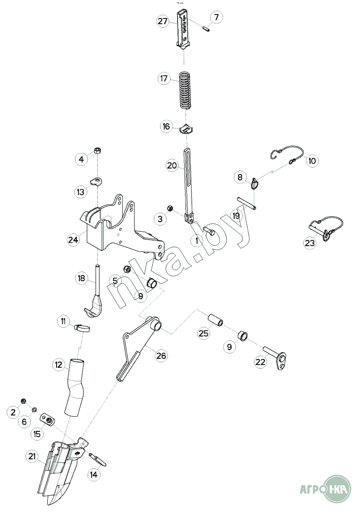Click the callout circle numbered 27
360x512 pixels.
163,21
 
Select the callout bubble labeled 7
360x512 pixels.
216,17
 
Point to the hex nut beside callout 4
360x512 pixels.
97,150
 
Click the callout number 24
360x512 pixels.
73,240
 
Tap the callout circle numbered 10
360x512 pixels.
312,161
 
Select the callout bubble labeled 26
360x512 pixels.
161,355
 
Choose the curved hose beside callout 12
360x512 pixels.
75,387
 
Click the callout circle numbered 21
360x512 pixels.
32,456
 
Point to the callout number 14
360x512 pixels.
94,474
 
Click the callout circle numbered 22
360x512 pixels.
260,362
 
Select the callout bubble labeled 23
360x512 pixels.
310,243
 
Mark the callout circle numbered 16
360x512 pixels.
167,126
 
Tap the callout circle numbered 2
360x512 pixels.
13,412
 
